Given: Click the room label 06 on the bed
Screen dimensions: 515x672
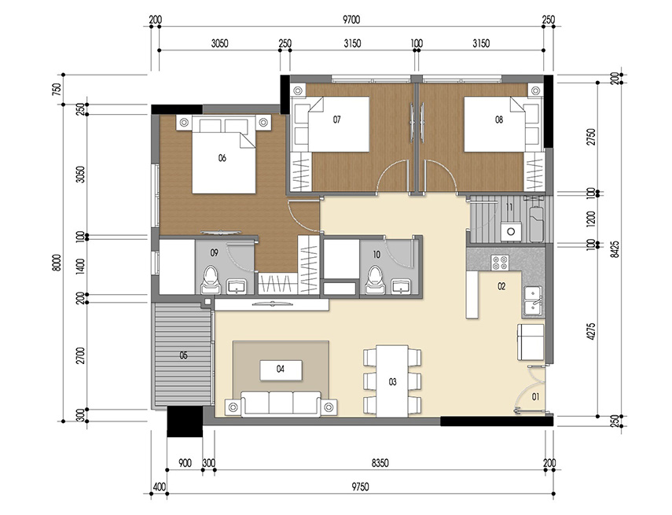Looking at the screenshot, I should (x=222, y=157).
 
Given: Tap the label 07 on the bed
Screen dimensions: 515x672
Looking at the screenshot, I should (x=336, y=120).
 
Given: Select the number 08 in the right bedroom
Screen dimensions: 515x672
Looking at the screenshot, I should (x=499, y=120).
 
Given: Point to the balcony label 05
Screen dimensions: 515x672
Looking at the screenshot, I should (x=183, y=355).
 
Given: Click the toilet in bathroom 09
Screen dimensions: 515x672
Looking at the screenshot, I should (x=210, y=279).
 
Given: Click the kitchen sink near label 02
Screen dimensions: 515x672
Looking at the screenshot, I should (x=532, y=300).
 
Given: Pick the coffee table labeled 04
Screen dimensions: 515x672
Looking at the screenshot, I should (x=280, y=368).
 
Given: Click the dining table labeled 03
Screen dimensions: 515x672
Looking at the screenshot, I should (x=392, y=381).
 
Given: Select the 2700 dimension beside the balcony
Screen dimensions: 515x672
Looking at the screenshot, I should (x=79, y=355).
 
